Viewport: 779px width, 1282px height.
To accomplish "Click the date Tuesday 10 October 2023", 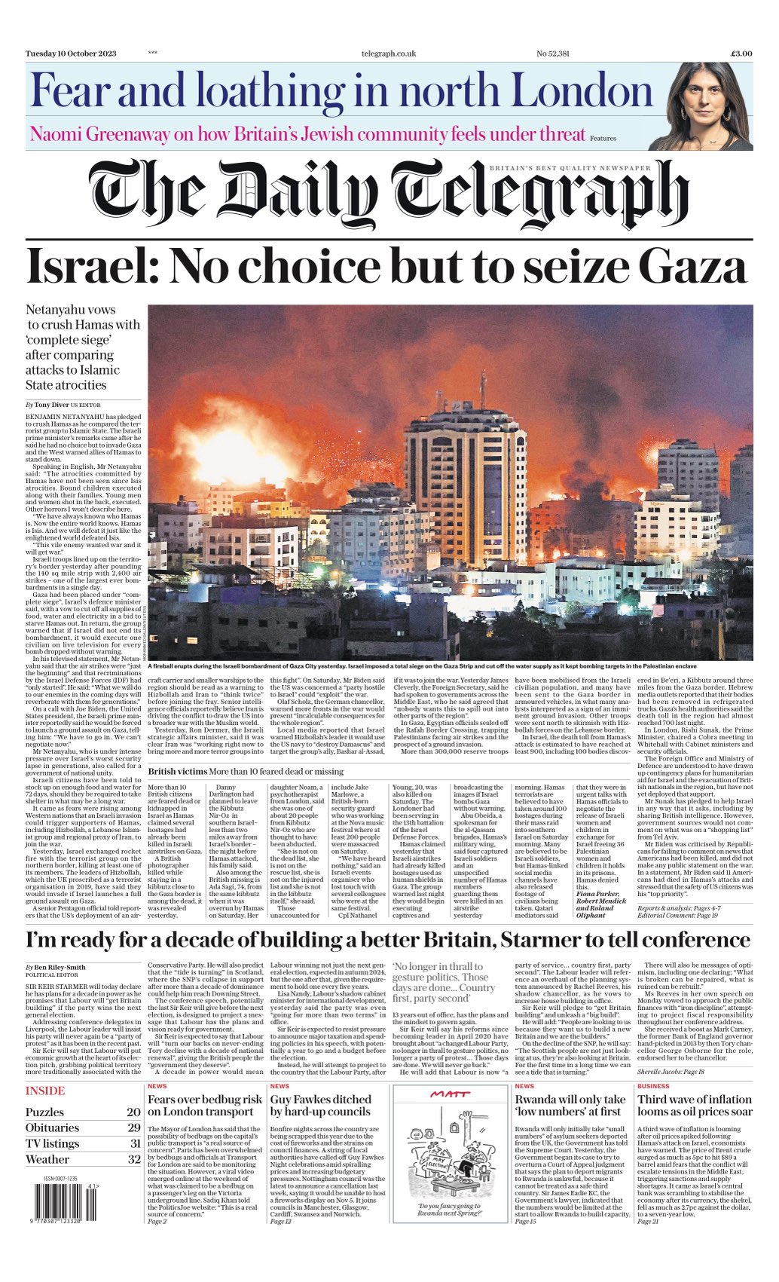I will pyautogui.click(x=71, y=54).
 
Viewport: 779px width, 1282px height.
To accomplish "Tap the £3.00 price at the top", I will pyautogui.click(x=741, y=54).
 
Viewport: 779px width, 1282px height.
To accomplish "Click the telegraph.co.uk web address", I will pyautogui.click(x=389, y=54).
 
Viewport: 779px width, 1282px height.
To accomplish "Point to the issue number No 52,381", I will pyautogui.click(x=552, y=54).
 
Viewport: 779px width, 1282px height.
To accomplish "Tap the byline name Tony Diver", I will pyautogui.click(x=52, y=405).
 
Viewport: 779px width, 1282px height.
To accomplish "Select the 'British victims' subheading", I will pyautogui.click(x=177, y=772).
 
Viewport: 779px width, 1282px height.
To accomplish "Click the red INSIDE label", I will pyautogui.click(x=45, y=1091).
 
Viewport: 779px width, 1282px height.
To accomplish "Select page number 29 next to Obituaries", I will pyautogui.click(x=134, y=1128).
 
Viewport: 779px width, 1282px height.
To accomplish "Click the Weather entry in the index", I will pyautogui.click(x=47, y=1160).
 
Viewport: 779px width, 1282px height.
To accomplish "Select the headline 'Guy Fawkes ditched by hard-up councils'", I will pyautogui.click(x=321, y=1106).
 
